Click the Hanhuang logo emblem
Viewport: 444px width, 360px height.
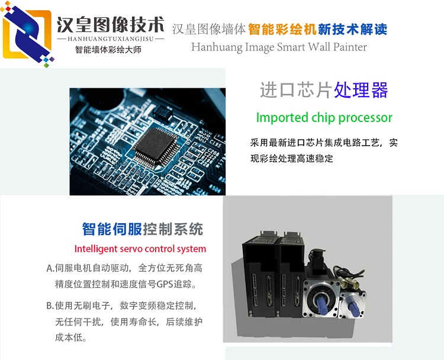[27, 34]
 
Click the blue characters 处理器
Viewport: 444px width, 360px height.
[361, 90]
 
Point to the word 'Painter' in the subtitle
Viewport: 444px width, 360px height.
[350, 47]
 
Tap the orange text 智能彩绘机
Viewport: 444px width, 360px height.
[282, 30]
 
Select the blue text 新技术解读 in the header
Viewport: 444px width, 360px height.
[352, 30]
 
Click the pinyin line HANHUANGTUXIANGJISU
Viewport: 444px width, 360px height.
[111, 39]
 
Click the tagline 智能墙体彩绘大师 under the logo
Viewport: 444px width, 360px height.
[108, 50]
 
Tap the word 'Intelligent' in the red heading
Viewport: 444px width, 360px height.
[96, 249]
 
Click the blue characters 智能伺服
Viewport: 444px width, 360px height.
[112, 229]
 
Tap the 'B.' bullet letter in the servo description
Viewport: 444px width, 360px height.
[50, 306]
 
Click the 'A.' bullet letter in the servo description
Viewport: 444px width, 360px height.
[50, 268]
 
